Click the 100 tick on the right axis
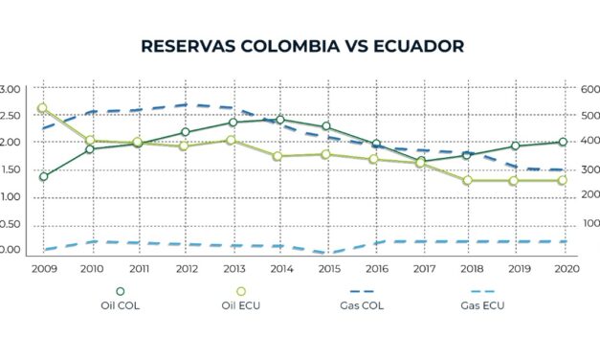coord(582,223)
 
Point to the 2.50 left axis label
coord(9,116)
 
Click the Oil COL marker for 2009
coord(43,177)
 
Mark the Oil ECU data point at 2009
coord(42,109)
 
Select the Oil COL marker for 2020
coord(563,142)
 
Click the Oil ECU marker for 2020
coord(563,180)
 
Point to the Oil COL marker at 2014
coord(279,120)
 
